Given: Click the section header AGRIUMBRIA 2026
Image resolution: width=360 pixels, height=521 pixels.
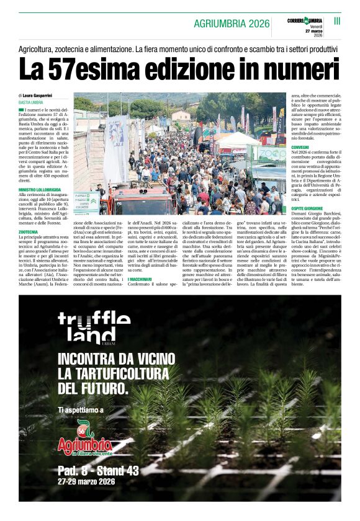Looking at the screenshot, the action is pyautogui.click(x=232, y=24).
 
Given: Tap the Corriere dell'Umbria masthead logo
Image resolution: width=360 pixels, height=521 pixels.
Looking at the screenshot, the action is pyautogui.click(x=305, y=20).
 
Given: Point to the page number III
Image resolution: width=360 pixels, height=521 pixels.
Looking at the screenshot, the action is pyautogui.click(x=337, y=20).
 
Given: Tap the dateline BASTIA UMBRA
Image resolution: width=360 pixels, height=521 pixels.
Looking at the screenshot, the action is pyautogui.click(x=30, y=102).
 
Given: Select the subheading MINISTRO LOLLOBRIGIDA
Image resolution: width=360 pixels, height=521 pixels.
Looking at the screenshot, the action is pyautogui.click(x=44, y=189).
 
